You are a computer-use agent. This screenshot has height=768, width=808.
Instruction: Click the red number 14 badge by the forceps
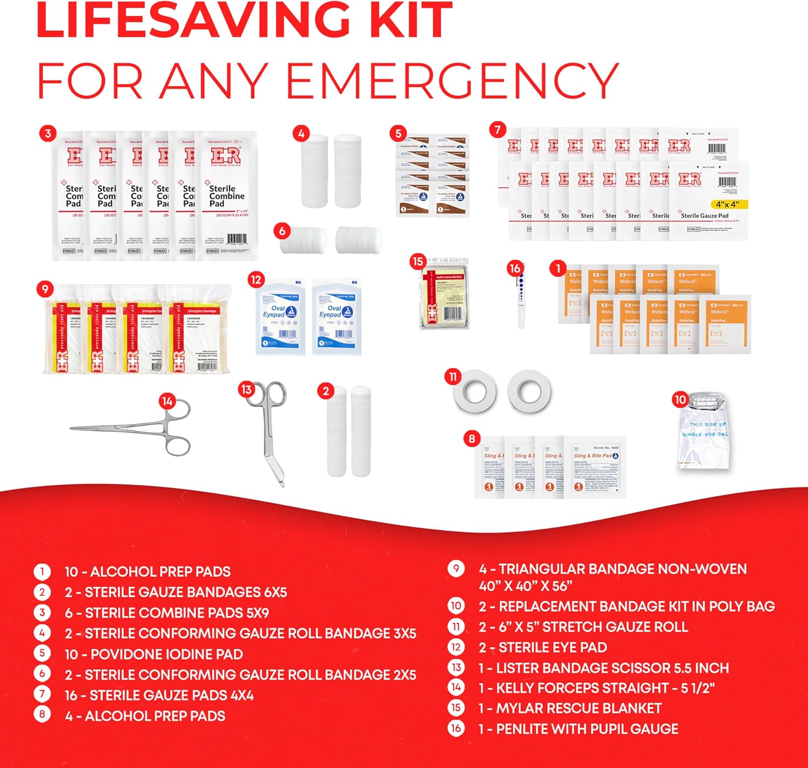pos(167,401)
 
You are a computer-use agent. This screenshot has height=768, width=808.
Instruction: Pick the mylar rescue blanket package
pos(445,294)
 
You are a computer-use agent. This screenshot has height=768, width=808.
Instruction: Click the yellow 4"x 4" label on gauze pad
pos(727,205)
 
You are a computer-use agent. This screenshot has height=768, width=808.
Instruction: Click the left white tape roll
pos(472,391)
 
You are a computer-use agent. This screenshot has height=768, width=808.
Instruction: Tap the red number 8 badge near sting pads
pos(472,438)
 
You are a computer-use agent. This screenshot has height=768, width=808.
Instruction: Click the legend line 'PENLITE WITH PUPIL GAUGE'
pos(587,729)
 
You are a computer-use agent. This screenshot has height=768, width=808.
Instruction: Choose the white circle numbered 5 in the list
pos(42,653)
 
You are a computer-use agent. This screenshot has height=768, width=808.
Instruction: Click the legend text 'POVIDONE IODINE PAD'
pos(166,654)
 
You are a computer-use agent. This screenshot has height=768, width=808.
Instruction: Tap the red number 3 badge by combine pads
pos(48,134)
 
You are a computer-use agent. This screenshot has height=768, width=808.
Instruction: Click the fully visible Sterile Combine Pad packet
pos(226,197)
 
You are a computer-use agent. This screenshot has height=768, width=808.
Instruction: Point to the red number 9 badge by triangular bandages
pos(45,289)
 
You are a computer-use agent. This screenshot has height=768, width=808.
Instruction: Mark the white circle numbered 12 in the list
pos(456,647)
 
